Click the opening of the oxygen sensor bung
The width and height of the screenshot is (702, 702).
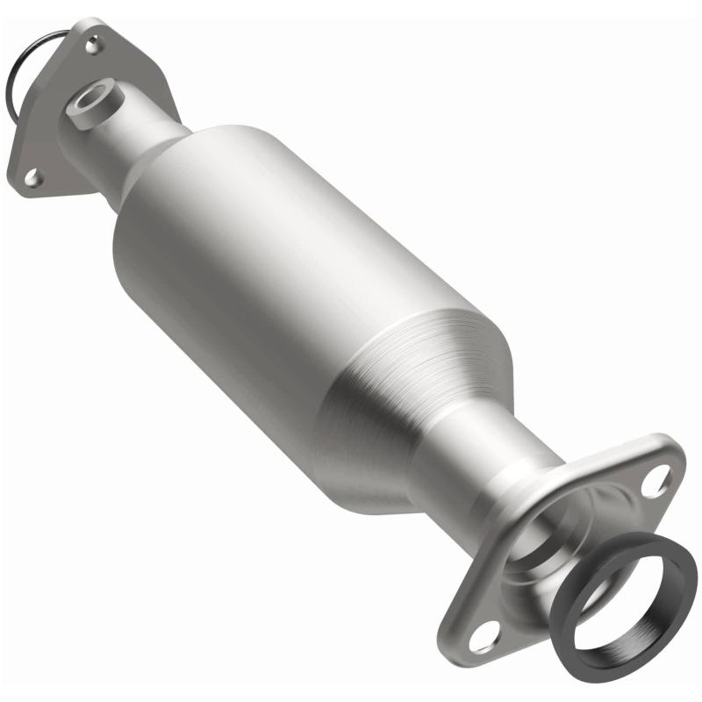click(90, 98)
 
